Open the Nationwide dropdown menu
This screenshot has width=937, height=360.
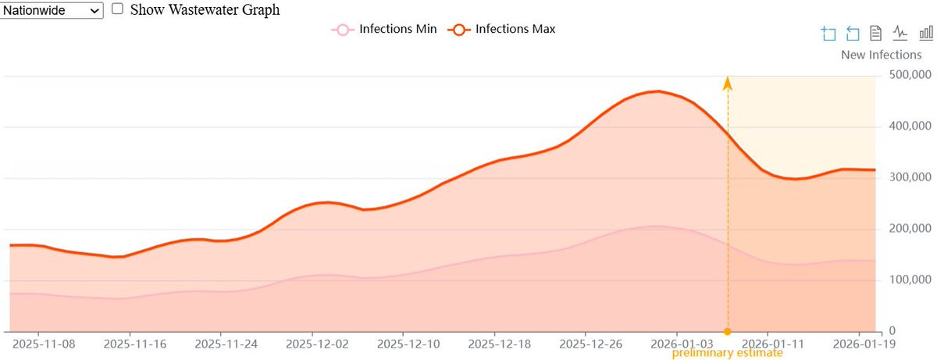tap(52, 10)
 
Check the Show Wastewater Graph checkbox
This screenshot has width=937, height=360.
tap(118, 9)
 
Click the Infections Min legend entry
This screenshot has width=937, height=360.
tap(384, 29)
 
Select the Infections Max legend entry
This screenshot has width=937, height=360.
tap(501, 29)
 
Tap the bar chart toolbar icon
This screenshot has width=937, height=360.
tap(926, 33)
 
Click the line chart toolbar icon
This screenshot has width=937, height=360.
tap(900, 33)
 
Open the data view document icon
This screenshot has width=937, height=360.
tap(875, 33)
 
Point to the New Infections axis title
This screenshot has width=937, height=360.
tap(881, 55)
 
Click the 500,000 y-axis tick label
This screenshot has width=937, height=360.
tap(910, 75)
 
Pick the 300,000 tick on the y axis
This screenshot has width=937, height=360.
tap(910, 177)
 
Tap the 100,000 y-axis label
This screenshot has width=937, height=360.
tap(910, 280)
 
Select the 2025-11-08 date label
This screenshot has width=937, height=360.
tap(44, 344)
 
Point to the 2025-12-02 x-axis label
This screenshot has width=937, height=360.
tap(317, 344)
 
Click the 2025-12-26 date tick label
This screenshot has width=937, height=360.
tap(590, 344)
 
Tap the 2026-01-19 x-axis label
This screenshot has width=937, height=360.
tap(864, 344)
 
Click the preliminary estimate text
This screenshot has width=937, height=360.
tap(727, 353)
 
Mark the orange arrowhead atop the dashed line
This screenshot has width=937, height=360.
tap(728, 83)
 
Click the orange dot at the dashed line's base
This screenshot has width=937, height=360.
tap(728, 332)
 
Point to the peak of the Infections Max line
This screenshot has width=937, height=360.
tap(658, 91)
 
